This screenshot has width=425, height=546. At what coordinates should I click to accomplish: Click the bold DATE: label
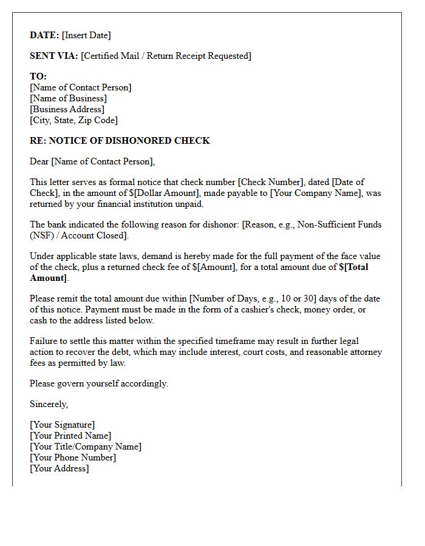click(44, 35)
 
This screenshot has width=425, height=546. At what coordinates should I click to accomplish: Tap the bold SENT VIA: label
click(54, 56)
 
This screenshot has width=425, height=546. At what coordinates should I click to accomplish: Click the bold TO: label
click(38, 76)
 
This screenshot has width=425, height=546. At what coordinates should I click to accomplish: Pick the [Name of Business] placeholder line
click(68, 98)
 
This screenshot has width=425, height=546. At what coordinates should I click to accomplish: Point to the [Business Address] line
click(67, 109)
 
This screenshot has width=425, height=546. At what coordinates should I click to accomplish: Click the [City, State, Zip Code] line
click(73, 120)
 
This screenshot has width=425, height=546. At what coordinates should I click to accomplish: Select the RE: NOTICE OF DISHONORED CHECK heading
click(120, 141)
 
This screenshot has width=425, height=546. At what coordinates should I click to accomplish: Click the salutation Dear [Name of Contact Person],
click(92, 161)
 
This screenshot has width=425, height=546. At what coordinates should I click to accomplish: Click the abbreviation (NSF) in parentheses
click(41, 235)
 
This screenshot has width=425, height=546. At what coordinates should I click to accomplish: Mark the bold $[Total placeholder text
click(353, 267)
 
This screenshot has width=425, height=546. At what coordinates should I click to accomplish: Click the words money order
click(341, 309)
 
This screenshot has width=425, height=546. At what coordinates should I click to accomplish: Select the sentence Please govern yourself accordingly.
click(99, 383)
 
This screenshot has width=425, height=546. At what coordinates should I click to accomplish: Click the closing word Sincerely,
click(49, 404)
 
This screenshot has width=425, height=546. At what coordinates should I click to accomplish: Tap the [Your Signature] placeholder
click(62, 425)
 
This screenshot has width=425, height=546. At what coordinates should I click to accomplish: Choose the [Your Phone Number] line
click(73, 457)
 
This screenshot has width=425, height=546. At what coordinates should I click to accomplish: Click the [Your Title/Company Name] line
click(86, 447)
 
